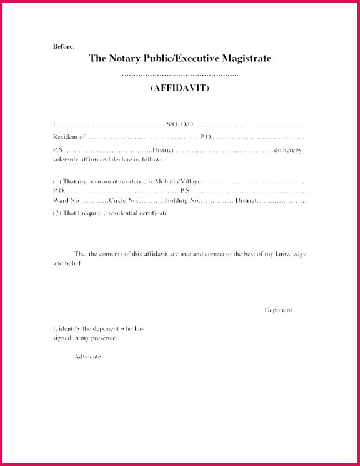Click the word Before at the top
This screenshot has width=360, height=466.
63,46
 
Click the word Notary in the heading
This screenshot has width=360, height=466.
122,59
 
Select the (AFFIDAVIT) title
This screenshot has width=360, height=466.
180,88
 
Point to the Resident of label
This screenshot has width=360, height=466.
69,136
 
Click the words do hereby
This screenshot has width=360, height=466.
290,150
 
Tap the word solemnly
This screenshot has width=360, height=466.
66,160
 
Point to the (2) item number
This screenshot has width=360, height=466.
57,213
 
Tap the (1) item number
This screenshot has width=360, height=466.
57,180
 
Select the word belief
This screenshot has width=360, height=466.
72,263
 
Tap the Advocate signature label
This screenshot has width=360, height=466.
87,357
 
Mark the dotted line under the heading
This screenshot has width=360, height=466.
180,74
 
